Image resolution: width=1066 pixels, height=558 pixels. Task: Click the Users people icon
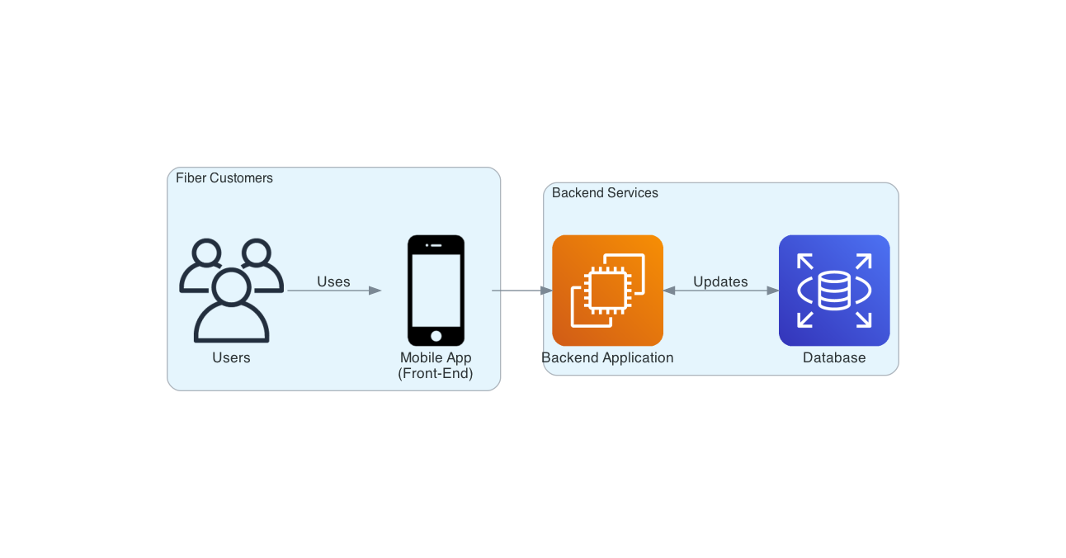(x=231, y=291)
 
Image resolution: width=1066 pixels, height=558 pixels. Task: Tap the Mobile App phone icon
(x=436, y=291)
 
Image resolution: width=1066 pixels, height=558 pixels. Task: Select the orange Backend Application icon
(x=607, y=291)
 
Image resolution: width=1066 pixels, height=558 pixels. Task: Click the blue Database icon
(x=834, y=291)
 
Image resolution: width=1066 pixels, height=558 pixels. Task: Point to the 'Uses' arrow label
(x=333, y=281)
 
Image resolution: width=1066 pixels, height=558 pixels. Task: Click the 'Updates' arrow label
(x=720, y=281)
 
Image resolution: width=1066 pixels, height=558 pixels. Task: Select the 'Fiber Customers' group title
(x=224, y=177)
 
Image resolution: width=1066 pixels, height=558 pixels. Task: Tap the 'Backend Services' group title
(x=605, y=192)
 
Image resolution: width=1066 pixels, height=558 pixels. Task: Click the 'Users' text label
(x=231, y=357)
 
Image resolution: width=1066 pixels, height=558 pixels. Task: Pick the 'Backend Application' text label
(x=607, y=357)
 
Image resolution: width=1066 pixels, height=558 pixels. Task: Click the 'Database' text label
(x=834, y=357)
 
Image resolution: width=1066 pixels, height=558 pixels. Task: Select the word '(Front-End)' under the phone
(x=436, y=373)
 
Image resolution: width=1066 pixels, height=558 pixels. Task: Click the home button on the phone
(x=436, y=336)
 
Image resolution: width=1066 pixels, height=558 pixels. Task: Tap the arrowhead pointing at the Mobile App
(x=375, y=291)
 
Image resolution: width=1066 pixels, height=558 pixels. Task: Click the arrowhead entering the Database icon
(x=772, y=291)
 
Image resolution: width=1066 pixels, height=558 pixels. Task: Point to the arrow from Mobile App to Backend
(x=520, y=291)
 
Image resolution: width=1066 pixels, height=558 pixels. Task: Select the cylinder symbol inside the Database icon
(x=834, y=291)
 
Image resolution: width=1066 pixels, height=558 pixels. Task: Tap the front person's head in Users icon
(x=231, y=286)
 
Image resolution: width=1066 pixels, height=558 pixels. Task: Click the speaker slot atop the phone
(x=436, y=245)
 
